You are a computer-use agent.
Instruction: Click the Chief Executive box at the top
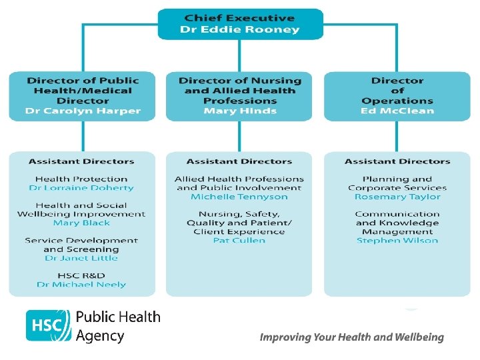pyautogui.click(x=240, y=23)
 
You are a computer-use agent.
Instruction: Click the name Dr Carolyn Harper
pyautogui.click(x=82, y=111)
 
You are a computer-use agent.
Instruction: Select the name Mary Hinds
pyautogui.click(x=240, y=111)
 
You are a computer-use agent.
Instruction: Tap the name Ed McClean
pyautogui.click(x=397, y=111)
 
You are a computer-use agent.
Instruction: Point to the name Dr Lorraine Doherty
pyautogui.click(x=81, y=188)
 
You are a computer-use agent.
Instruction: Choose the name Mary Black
pyautogui.click(x=81, y=223)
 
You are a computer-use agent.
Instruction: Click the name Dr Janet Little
pyautogui.click(x=81, y=258)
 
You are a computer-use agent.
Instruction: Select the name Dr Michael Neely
pyautogui.click(x=81, y=285)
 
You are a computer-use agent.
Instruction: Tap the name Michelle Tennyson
pyautogui.click(x=239, y=197)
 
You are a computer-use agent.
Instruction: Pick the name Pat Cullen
pyautogui.click(x=239, y=240)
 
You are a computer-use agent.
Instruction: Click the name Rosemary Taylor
pyautogui.click(x=397, y=197)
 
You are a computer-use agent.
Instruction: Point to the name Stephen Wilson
pyautogui.click(x=397, y=240)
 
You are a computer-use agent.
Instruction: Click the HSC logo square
pyautogui.click(x=48, y=325)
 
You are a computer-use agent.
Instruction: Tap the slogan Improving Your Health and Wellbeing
pyautogui.click(x=351, y=337)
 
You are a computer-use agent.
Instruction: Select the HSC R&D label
pyautogui.click(x=81, y=275)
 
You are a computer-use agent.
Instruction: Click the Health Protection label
pyautogui.click(x=81, y=179)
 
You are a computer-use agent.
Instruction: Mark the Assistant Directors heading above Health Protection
pyautogui.click(x=81, y=161)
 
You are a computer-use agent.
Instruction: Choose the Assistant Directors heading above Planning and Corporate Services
pyautogui.click(x=397, y=161)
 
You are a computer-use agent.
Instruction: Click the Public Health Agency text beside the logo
pyautogui.click(x=118, y=325)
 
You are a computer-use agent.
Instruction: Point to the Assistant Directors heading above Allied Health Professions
pyautogui.click(x=239, y=161)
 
